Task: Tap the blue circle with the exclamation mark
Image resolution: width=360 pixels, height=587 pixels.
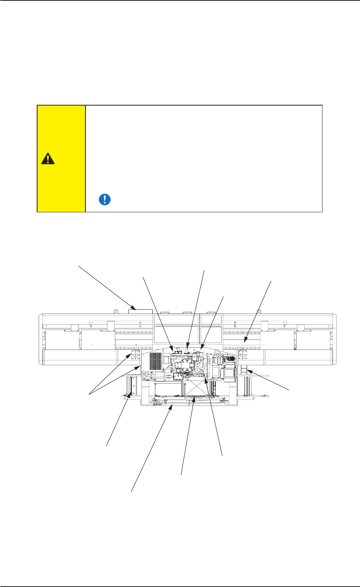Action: (104, 199)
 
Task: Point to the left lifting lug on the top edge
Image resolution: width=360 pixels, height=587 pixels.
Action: (114, 311)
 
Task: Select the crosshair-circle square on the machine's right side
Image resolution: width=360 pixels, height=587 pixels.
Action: (244, 355)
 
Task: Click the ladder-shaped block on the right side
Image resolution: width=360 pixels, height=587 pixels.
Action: (244, 371)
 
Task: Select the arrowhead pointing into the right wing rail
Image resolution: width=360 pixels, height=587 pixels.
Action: (244, 341)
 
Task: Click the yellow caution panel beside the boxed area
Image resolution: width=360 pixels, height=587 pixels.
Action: (61, 159)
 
